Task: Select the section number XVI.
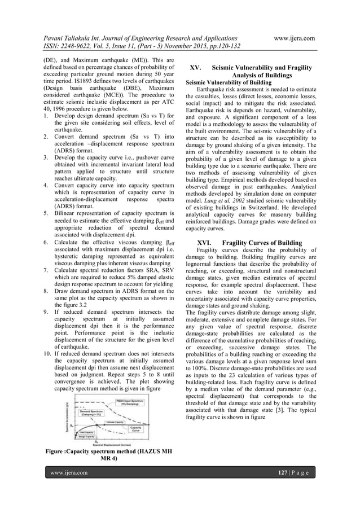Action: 198,243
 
